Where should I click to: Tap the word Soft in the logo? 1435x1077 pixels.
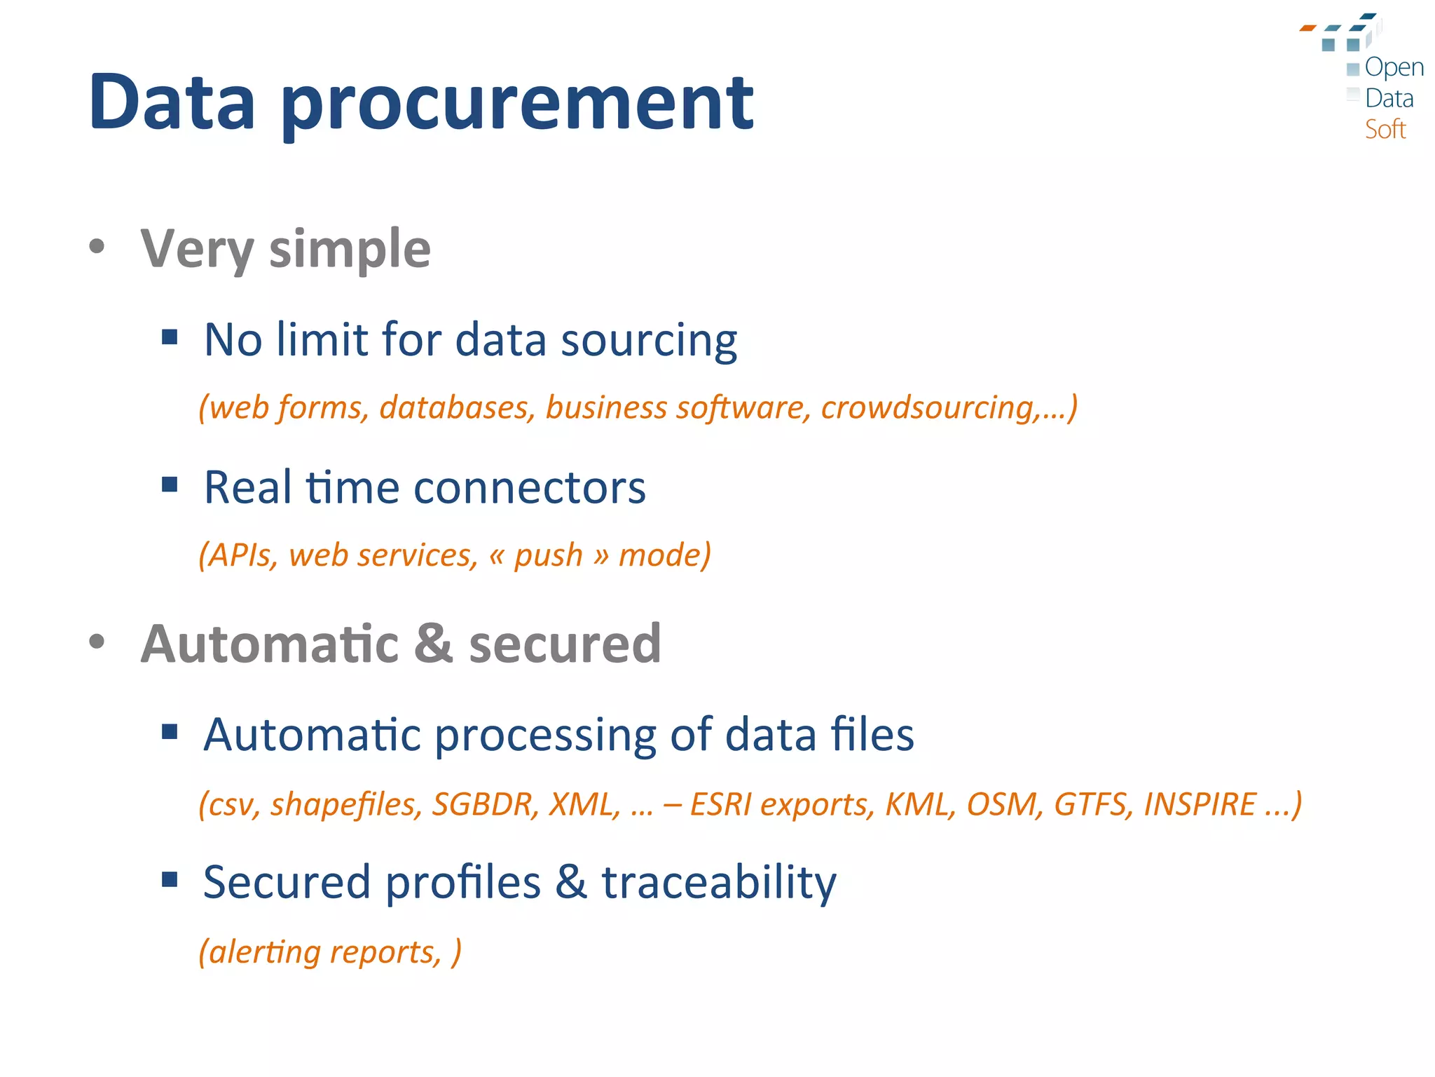(x=1385, y=130)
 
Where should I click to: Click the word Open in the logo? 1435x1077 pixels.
(x=1394, y=68)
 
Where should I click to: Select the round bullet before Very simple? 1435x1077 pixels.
(x=97, y=246)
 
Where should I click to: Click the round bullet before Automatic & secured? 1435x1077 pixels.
(x=97, y=641)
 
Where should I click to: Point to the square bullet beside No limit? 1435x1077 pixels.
(x=170, y=338)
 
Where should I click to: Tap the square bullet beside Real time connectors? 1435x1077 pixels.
(x=170, y=485)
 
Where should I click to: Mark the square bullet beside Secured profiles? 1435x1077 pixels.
(x=170, y=879)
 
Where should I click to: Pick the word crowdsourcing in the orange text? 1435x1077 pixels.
(x=931, y=407)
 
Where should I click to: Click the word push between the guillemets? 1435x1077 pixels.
(x=548, y=555)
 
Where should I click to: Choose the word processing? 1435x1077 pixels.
(x=545, y=736)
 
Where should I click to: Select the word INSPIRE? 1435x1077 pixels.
(x=1200, y=804)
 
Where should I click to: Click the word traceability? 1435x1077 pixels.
(x=719, y=882)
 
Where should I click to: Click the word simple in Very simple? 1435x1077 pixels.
(x=350, y=250)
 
